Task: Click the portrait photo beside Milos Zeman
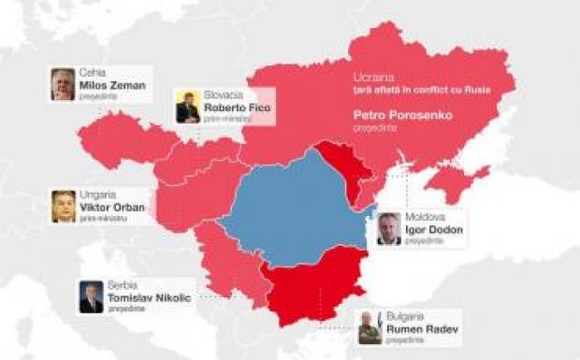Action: click(64, 84)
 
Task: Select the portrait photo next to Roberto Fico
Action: click(187, 108)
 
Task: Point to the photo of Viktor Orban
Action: click(64, 206)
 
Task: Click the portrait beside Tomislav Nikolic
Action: click(91, 296)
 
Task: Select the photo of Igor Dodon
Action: click(389, 228)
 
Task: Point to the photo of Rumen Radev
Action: click(370, 327)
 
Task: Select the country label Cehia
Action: click(92, 71)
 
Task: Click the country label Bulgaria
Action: click(406, 315)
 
